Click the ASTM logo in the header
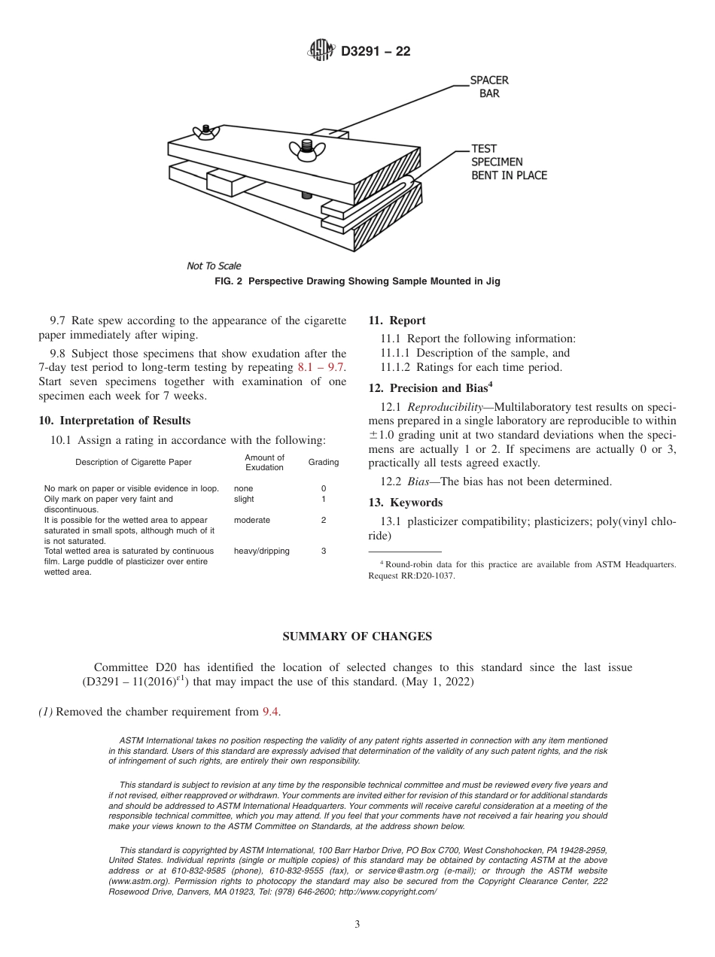point(321,51)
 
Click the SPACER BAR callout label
point(489,87)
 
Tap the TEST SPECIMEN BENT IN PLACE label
point(509,162)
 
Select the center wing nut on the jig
point(306,147)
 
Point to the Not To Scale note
point(214,266)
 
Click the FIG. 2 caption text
point(357,281)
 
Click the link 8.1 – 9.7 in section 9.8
point(322,368)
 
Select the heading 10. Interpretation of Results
point(114,421)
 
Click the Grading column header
point(324,462)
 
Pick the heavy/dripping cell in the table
point(261,551)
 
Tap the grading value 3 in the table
point(324,551)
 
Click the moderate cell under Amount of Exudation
point(251,520)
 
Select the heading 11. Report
point(397,321)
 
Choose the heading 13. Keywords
point(405,503)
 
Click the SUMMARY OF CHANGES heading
point(357,636)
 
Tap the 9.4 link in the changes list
point(271,712)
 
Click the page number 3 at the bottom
point(357,924)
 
